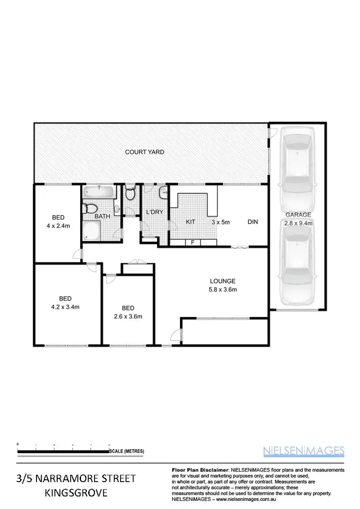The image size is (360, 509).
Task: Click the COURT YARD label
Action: coord(144,152)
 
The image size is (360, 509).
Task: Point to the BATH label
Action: coord(102,216)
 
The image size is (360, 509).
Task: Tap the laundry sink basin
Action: coord(163,192)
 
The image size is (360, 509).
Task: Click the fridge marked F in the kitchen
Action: coord(192,242)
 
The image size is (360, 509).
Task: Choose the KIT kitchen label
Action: coord(191,222)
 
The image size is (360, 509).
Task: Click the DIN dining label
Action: coord(253,222)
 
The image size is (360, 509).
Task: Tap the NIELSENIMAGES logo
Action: coord(304,450)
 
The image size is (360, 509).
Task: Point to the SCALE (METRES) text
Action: coord(127,451)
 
